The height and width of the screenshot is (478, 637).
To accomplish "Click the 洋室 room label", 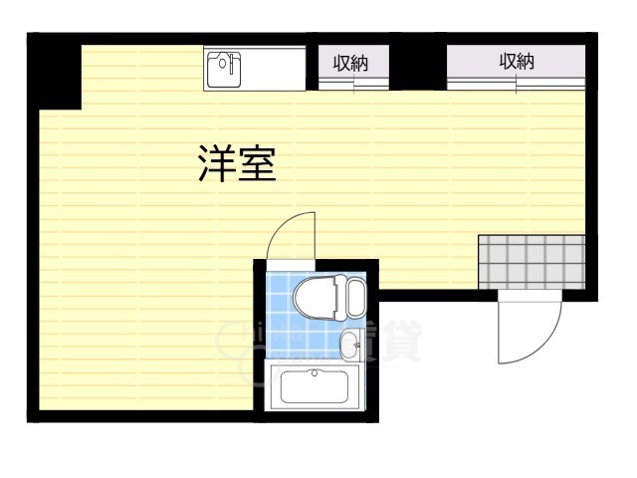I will (x=235, y=164).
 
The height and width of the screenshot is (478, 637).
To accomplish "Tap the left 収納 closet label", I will (x=349, y=63).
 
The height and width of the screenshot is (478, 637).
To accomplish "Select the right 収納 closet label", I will (x=517, y=62).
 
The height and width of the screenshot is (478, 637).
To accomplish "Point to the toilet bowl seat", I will (x=317, y=297).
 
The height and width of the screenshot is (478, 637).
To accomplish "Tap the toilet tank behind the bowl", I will (x=355, y=297).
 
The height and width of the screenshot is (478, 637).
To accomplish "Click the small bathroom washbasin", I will (x=349, y=346).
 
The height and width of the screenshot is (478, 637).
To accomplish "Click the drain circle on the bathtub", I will (x=316, y=374).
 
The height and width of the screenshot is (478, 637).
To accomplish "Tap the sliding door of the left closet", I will (x=349, y=84).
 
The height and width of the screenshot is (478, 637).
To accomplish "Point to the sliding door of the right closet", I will (x=517, y=83).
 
